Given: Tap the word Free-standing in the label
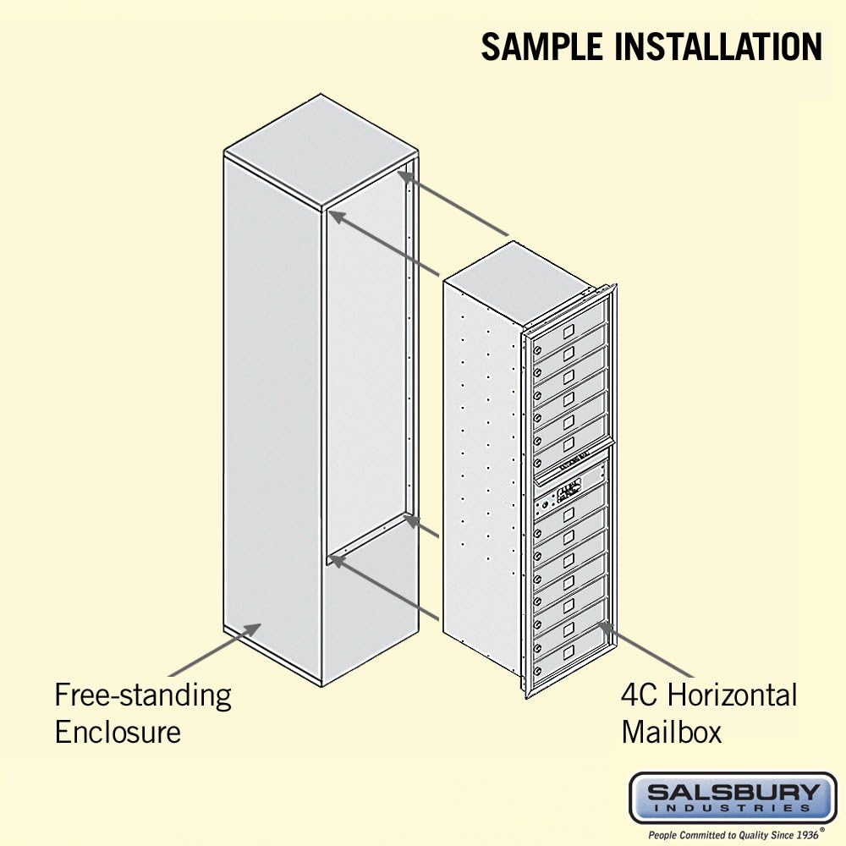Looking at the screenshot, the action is click(x=143, y=696).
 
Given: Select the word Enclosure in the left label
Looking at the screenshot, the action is click(x=118, y=732).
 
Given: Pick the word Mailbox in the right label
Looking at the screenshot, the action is click(x=672, y=732).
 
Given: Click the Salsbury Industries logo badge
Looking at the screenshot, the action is click(x=733, y=799).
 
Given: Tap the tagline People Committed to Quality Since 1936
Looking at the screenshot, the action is click(x=733, y=835).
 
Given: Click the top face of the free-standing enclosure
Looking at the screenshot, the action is click(x=321, y=152).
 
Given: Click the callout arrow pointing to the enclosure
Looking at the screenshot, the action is click(x=215, y=650).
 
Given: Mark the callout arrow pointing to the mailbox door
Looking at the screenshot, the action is click(x=645, y=650).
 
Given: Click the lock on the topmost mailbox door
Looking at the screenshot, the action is click(x=537, y=349).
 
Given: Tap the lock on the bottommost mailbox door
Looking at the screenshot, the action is click(x=537, y=671).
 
